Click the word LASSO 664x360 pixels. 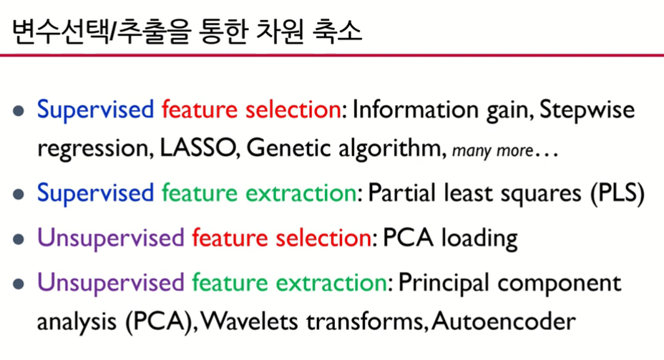197,148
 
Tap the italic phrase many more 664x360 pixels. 492,151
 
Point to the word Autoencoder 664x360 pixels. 504,321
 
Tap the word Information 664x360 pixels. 416,110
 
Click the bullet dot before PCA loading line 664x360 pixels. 18,239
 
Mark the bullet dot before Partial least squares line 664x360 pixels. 18,195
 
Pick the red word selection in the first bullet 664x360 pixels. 293,110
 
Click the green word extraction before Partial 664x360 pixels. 301,193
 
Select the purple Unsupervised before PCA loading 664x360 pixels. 111,238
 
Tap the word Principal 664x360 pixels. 444,283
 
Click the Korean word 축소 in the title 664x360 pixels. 338,31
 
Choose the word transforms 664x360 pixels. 365,321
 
